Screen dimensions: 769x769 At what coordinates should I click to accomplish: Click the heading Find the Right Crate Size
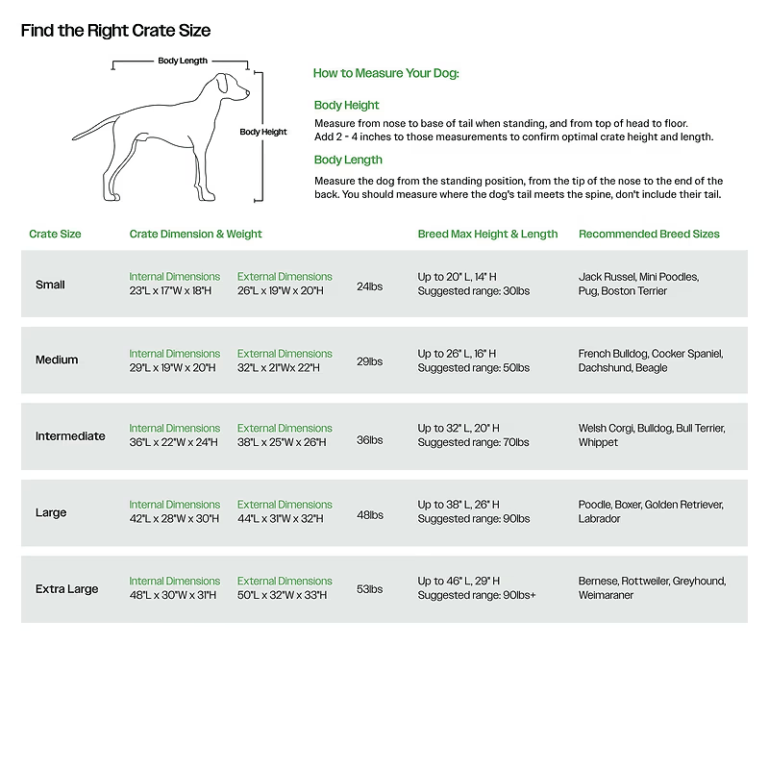(115, 31)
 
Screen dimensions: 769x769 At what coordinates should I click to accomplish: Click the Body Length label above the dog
(183, 61)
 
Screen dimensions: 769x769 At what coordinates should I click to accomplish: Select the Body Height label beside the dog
(263, 132)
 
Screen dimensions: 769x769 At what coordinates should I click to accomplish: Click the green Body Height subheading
(346, 105)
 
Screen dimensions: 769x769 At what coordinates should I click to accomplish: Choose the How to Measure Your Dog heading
(385, 73)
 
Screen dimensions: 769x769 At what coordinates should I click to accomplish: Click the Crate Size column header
(55, 234)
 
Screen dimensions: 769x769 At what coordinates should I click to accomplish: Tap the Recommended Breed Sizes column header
(649, 234)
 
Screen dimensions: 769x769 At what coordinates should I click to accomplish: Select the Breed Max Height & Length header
(487, 234)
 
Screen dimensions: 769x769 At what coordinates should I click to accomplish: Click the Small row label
(50, 285)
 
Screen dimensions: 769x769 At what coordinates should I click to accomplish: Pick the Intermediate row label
(70, 436)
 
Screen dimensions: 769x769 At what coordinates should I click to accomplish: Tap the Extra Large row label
(66, 589)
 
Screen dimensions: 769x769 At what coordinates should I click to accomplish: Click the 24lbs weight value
(369, 285)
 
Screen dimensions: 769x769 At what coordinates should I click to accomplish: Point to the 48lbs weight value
(369, 514)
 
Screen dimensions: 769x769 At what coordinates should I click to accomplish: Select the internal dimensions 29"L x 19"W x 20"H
(174, 368)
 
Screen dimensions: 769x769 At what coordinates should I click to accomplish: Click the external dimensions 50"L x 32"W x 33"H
(282, 596)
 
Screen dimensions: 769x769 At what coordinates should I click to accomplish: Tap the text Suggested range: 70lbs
(473, 443)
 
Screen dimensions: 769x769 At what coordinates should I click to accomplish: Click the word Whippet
(598, 443)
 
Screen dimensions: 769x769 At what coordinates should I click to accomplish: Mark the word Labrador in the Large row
(600, 519)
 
